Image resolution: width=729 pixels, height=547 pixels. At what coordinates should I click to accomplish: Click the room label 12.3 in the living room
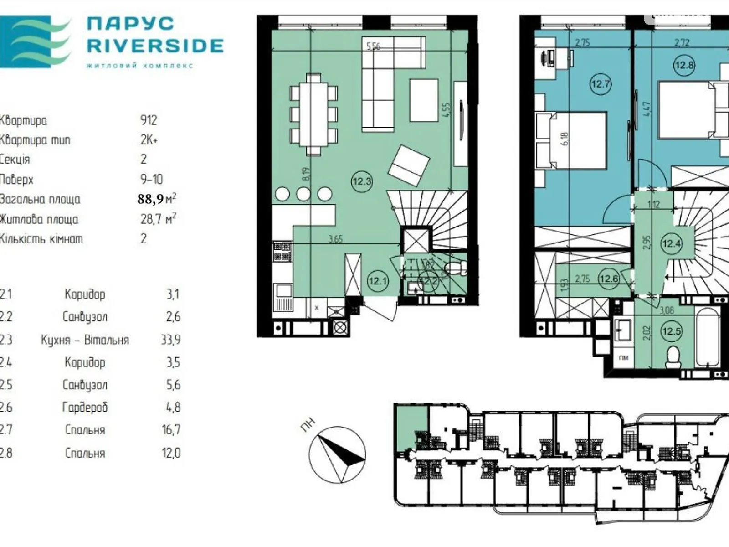[362, 181]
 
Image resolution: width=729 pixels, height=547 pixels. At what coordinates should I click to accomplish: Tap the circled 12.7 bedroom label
[600, 84]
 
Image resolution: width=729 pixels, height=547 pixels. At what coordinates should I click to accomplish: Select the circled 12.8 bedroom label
[684, 65]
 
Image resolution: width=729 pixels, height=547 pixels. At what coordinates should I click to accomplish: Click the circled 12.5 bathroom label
[672, 331]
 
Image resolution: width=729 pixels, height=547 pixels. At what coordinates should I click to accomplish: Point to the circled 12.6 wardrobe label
[609, 279]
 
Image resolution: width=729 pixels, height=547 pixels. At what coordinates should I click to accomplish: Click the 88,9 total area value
[150, 199]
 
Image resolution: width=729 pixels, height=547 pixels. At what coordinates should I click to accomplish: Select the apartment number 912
[149, 120]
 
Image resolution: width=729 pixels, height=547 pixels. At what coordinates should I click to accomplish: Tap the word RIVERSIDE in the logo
[155, 46]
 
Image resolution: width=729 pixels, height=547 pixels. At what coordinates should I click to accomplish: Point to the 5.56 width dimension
[373, 46]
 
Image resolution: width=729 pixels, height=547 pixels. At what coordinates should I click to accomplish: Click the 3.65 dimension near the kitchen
[335, 239]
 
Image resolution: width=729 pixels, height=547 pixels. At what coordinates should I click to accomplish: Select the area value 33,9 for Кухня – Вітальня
[170, 340]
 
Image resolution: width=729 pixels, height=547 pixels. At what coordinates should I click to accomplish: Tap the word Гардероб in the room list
[85, 407]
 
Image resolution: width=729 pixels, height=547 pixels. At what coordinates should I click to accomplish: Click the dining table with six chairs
[313, 114]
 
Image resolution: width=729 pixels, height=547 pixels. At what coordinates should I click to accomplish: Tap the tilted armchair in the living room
[409, 165]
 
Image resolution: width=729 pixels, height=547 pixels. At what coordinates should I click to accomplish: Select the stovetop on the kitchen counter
[282, 252]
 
